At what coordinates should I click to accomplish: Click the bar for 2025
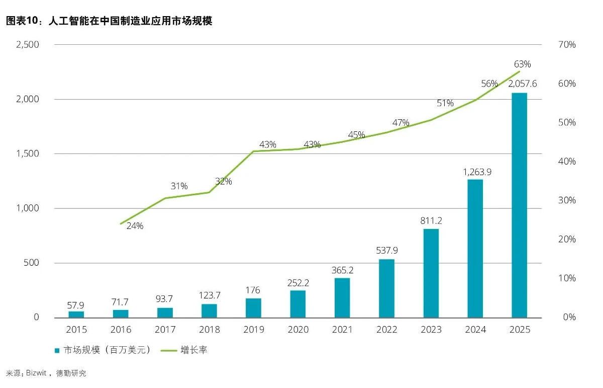coord(520,205)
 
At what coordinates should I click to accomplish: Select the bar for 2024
coord(475,248)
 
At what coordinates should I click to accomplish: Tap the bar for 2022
coord(386,288)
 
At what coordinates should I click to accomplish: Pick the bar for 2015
coord(76,315)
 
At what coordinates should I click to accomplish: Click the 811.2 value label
coord(431,220)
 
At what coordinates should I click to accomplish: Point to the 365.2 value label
coord(342,269)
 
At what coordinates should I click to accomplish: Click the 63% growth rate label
coord(522,64)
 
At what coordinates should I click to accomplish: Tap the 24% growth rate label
coord(135,226)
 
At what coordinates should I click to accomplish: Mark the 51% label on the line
coord(445,103)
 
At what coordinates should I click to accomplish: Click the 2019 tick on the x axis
coord(253,330)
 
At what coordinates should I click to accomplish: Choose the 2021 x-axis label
coord(342,330)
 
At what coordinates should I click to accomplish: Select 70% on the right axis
coord(566,44)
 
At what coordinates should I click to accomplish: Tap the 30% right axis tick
coord(566,200)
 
